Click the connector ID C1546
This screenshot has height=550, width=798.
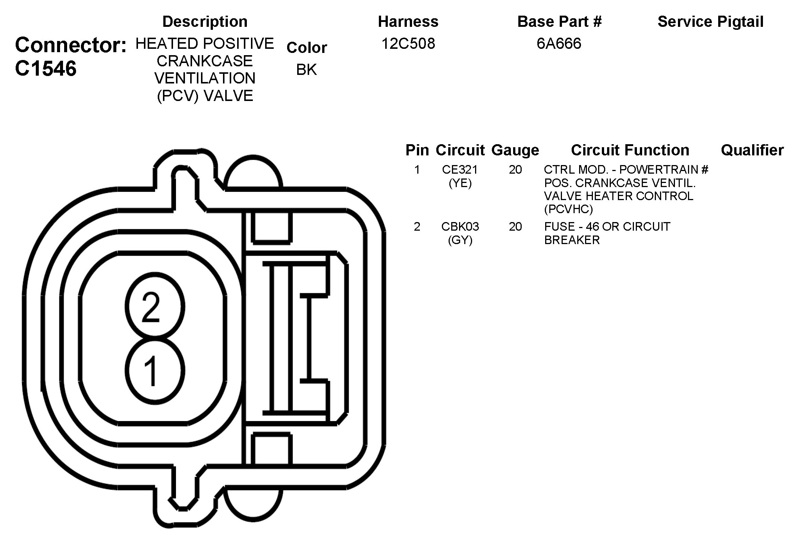click(x=46, y=69)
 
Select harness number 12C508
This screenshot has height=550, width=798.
click(x=408, y=44)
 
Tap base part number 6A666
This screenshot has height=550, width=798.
click(x=559, y=44)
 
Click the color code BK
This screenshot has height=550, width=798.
click(x=306, y=70)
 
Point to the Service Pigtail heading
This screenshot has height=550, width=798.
click(x=710, y=22)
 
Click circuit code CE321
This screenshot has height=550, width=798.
click(x=460, y=170)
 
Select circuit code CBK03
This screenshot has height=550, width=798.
click(x=460, y=227)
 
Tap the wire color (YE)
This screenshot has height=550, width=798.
click(x=460, y=183)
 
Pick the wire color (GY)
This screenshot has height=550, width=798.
click(x=460, y=240)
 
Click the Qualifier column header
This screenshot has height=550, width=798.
click(x=752, y=150)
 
